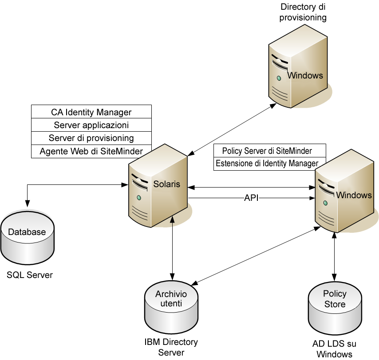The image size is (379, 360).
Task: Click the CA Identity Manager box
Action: (91, 112)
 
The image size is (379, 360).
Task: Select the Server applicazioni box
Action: (91, 125)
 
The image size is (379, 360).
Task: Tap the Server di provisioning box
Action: (91, 138)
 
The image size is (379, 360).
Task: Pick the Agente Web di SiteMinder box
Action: (91, 151)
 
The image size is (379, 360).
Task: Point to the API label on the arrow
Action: (251, 198)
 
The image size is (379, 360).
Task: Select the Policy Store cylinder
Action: (334, 306)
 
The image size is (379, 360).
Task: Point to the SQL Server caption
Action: (30, 275)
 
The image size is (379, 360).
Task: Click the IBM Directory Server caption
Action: (171, 347)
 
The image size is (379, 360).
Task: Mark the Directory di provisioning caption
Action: (304, 12)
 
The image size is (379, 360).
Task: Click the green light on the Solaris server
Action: (139, 197)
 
